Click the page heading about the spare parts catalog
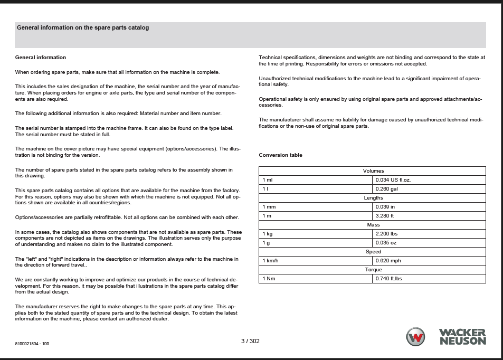pyautogui.click(x=83, y=28)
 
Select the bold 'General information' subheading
pyautogui.click(x=41, y=58)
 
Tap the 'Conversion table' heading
pyautogui.click(x=280, y=155)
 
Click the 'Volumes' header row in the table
pyautogui.click(x=373, y=171)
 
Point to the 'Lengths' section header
pyautogui.click(x=373, y=198)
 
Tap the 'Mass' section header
pyautogui.click(x=373, y=225)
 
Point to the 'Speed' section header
pyautogui.click(x=373, y=252)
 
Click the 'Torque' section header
pyautogui.click(x=373, y=270)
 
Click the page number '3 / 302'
pyautogui.click(x=250, y=341)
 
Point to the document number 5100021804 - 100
pyautogui.click(x=32, y=344)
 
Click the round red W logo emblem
pyautogui.click(x=415, y=337)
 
